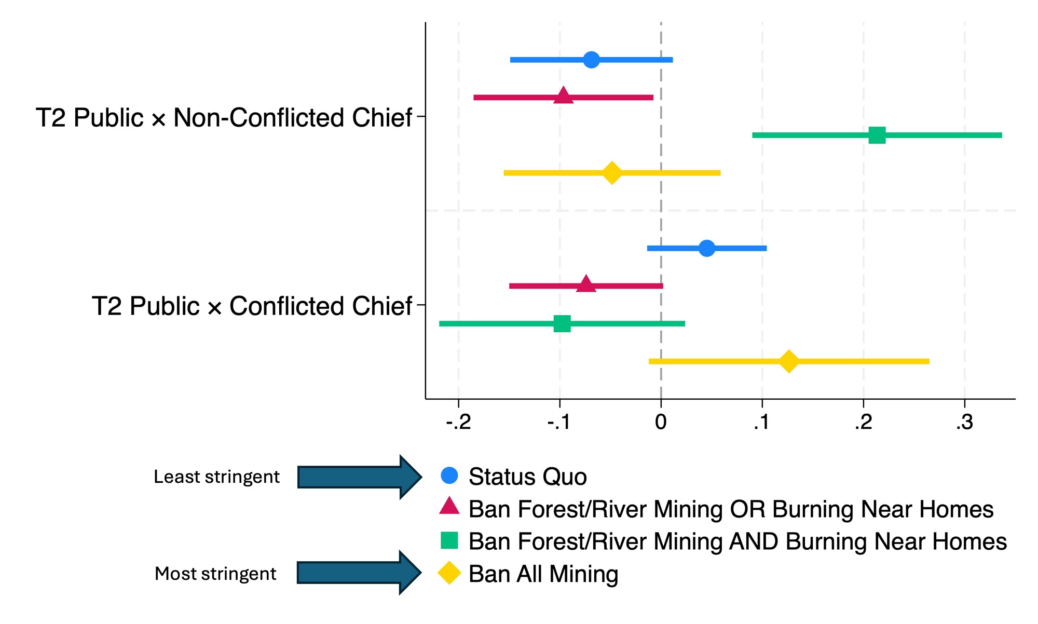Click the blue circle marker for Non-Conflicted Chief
(591, 60)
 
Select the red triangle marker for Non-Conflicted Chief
(563, 97)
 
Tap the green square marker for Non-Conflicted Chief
(877, 135)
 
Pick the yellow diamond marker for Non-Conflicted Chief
(612, 173)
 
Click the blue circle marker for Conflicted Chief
(706, 248)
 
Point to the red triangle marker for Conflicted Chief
(586, 285)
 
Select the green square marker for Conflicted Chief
(562, 323)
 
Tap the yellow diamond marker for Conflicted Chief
(789, 361)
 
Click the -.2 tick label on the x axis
(458, 423)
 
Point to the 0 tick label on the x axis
(661, 423)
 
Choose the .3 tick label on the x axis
(964, 423)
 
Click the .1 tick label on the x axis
(761, 423)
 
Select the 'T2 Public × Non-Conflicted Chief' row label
(224, 118)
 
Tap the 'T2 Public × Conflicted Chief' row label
(252, 306)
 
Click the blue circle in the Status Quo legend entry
(449, 476)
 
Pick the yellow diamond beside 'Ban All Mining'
(449, 573)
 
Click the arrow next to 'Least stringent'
(359, 477)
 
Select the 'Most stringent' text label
(215, 574)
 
